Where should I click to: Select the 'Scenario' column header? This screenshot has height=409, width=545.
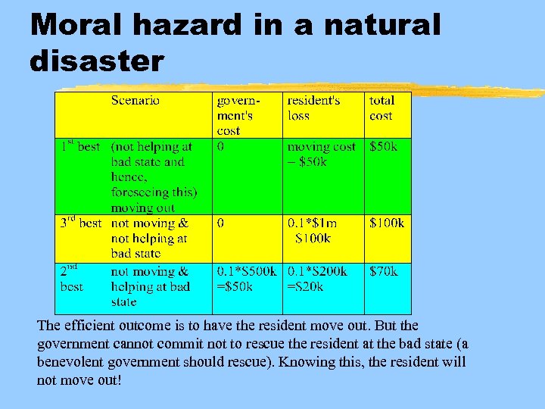(135, 100)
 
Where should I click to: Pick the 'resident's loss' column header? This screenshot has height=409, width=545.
(313, 108)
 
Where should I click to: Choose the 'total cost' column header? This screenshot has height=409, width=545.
(381, 108)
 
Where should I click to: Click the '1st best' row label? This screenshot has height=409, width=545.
(80, 146)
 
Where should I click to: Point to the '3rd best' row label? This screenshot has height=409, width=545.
(80, 223)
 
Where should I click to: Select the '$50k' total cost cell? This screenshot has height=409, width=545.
(383, 147)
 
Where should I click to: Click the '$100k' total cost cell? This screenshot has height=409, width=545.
(386, 223)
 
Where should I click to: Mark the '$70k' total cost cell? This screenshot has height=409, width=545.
(383, 271)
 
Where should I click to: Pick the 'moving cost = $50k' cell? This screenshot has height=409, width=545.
(321, 154)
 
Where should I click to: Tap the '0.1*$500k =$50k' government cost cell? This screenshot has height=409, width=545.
(247, 279)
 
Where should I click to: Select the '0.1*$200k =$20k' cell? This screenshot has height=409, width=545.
(317, 279)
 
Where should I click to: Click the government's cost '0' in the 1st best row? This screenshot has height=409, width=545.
(220, 147)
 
